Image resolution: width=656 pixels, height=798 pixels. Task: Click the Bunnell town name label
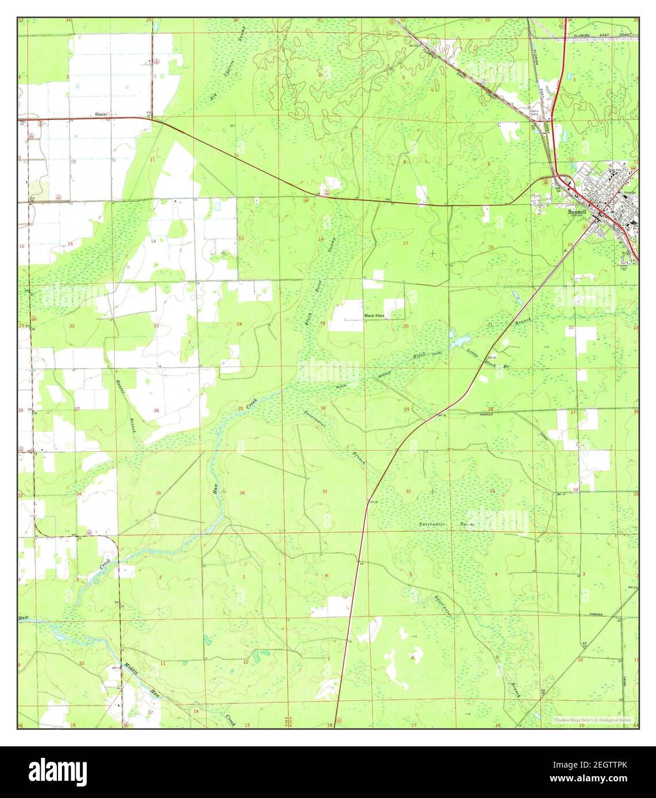tap(578, 211)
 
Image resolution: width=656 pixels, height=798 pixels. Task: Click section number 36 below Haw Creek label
tap(242, 493)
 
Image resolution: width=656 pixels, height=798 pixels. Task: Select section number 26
tap(156, 411)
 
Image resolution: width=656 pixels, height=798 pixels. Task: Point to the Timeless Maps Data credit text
tap(593, 720)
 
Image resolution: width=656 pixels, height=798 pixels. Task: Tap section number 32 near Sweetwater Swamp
tap(408, 491)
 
